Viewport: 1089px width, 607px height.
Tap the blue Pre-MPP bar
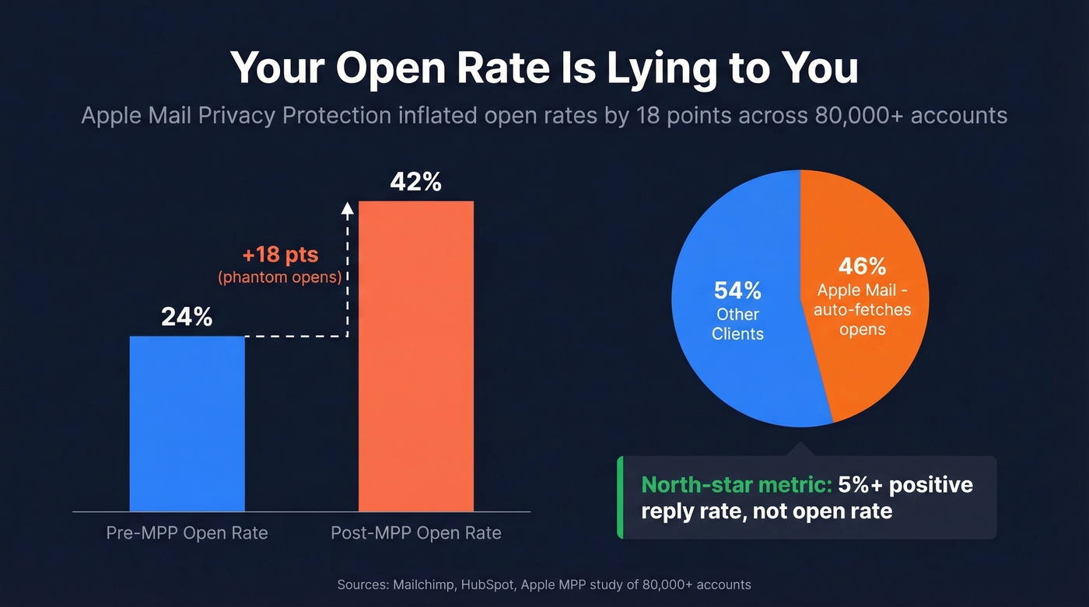[187, 424]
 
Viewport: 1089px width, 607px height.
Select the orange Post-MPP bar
[415, 356]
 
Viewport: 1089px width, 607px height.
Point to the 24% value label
[187, 317]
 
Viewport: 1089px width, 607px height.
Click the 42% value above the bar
[415, 182]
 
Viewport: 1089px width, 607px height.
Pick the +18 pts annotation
[280, 256]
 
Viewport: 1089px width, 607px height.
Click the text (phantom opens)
[280, 277]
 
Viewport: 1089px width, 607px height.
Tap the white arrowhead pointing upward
[348, 207]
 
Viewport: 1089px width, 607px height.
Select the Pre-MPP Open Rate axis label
[187, 533]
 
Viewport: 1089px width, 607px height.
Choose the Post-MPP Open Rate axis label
[416, 533]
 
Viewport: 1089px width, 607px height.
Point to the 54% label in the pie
[737, 291]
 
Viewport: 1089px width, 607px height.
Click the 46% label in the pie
[862, 267]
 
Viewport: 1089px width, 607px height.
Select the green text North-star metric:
[736, 485]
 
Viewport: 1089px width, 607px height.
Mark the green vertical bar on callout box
[620, 497]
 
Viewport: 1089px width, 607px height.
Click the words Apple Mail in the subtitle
[124, 116]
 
